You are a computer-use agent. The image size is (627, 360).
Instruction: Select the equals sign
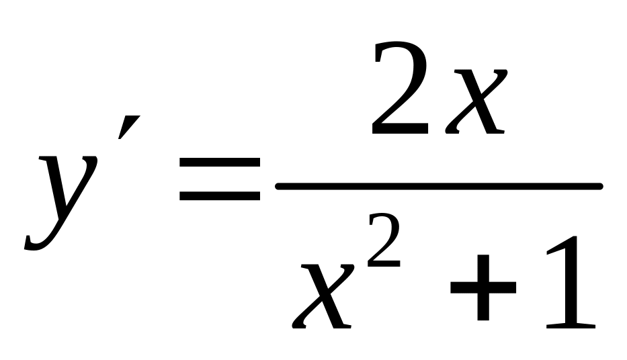pos(220,180)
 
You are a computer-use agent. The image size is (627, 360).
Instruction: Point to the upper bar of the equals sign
pos(220,163)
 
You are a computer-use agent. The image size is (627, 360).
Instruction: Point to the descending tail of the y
pos(37,243)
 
